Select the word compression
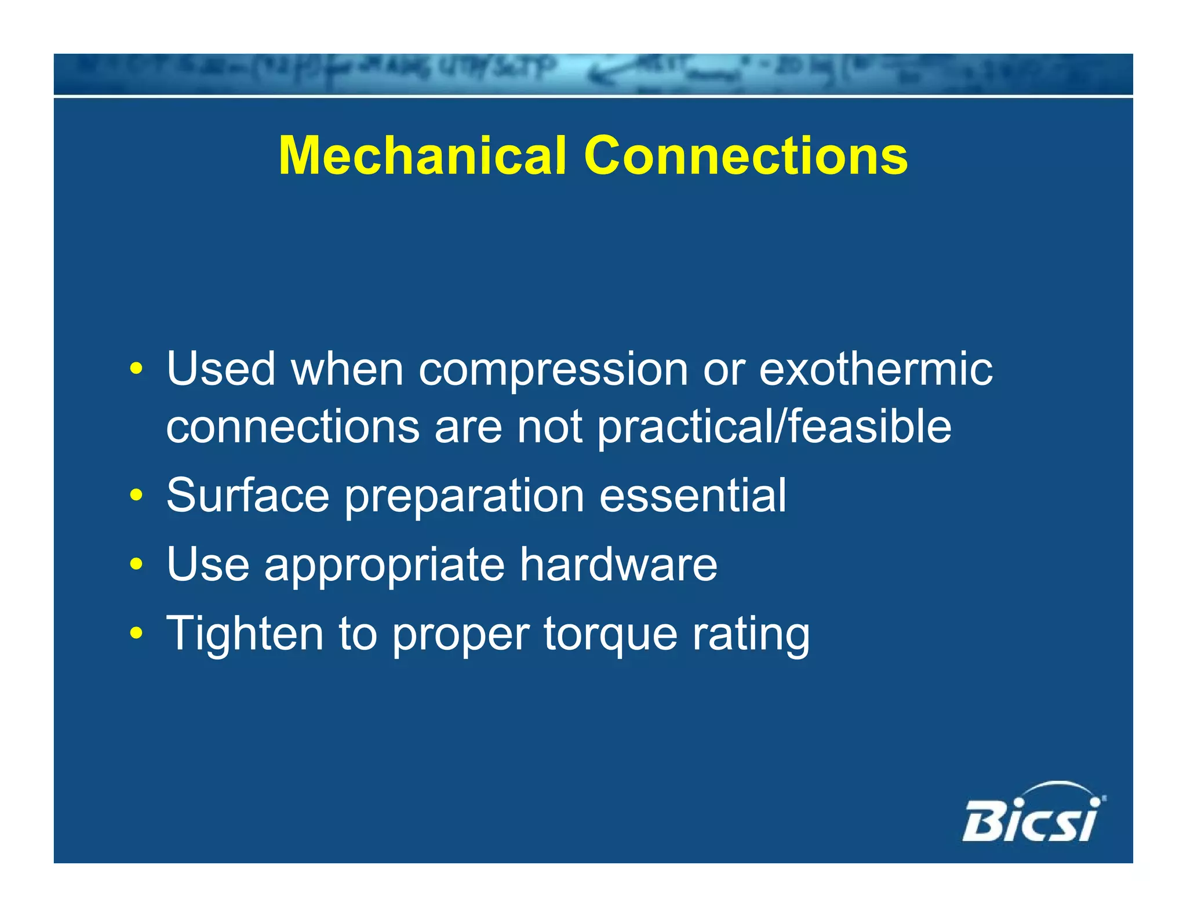pos(553,371)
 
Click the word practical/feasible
pos(774,428)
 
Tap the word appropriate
pos(384,566)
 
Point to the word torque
pos(610,635)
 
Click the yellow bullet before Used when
pos(136,369)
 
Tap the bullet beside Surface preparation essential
pos(136,496)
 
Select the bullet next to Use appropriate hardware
pos(136,564)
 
